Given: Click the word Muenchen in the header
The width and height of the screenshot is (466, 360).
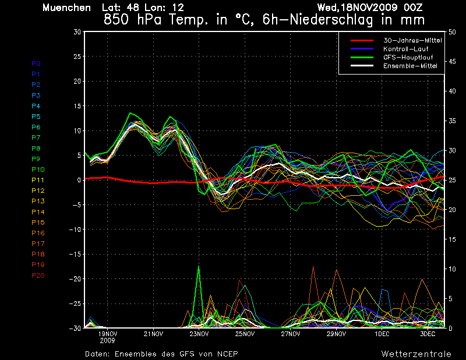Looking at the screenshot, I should (66, 8).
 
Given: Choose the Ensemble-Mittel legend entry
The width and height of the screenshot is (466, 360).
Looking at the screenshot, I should (410, 66).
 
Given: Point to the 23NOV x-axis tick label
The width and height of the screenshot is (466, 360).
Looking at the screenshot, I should (199, 334).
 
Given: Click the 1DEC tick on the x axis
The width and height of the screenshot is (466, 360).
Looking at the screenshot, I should (382, 334).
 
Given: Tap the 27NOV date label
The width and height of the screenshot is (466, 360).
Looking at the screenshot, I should (291, 334).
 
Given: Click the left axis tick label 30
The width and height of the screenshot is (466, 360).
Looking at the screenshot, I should (77, 32).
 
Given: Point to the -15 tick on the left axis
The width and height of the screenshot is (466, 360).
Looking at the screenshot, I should (75, 255).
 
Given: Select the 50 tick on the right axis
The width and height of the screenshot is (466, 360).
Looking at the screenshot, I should (452, 32).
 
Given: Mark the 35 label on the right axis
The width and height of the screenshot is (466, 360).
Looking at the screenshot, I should (452, 121).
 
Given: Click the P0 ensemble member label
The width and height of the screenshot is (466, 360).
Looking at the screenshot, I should (36, 63).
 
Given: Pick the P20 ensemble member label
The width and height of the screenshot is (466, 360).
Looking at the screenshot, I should (38, 275).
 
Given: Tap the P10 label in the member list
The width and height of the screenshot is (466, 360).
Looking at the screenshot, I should (38, 170).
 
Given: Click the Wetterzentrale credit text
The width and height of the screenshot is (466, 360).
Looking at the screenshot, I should (416, 354).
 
